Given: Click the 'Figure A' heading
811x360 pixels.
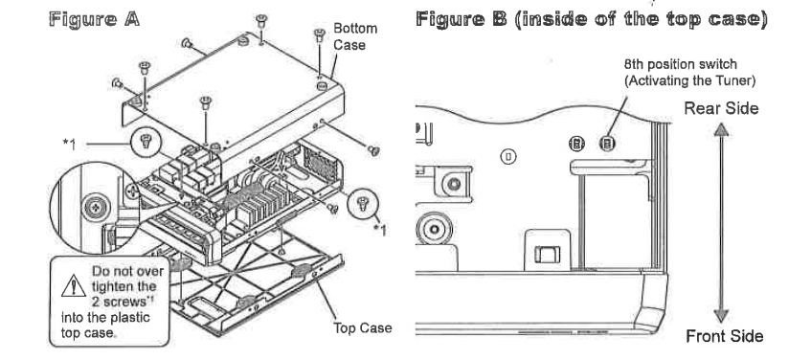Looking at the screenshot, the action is [x=94, y=19].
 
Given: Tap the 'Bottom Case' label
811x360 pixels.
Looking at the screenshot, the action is [x=355, y=36].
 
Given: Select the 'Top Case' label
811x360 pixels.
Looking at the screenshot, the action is [x=363, y=328].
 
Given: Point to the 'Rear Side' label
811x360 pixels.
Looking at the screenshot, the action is [x=721, y=108].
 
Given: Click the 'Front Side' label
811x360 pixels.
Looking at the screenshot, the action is [x=724, y=336].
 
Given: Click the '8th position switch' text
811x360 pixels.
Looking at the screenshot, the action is [x=680, y=65].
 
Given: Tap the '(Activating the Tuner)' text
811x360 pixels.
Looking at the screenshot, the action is [x=690, y=80].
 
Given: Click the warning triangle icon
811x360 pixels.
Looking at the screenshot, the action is [x=74, y=285].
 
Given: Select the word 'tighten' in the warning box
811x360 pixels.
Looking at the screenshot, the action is [x=112, y=286].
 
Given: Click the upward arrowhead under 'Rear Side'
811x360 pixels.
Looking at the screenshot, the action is [x=721, y=129].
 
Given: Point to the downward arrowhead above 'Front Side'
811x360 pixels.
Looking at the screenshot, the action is [x=721, y=316].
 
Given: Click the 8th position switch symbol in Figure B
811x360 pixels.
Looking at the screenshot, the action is [x=607, y=144].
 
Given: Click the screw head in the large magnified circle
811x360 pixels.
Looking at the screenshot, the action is [x=96, y=208].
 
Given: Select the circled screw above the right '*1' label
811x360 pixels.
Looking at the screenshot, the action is [x=362, y=204].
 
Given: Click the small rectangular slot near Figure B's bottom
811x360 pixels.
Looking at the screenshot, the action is [x=548, y=255].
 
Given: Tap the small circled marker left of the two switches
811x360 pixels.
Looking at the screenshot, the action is [x=508, y=156].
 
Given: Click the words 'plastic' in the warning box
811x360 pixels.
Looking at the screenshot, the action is [x=131, y=317].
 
